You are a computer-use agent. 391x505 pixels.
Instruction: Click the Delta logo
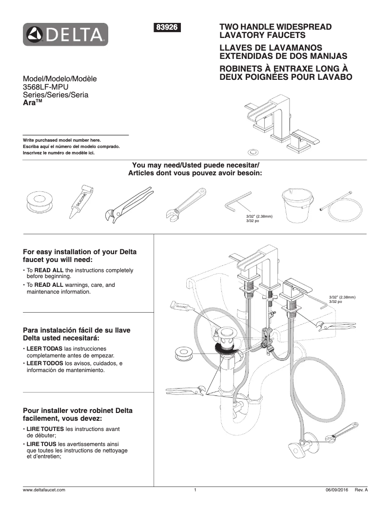[65, 34]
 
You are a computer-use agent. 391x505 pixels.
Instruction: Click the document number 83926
[168, 28]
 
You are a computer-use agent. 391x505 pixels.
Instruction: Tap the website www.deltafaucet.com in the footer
[44, 489]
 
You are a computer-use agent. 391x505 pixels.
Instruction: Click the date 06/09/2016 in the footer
[336, 489]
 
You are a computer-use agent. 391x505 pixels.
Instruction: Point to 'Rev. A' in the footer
[361, 489]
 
